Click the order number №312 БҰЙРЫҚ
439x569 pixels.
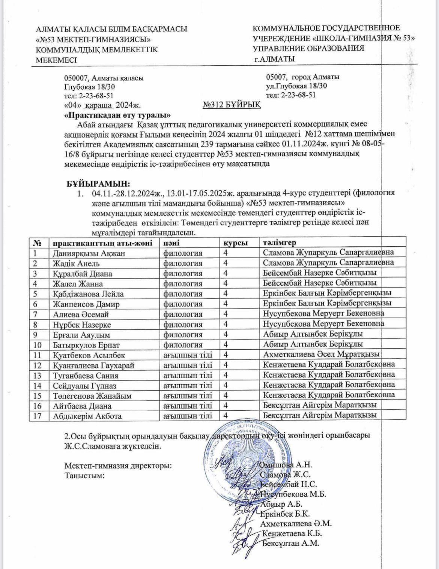pos(232,105)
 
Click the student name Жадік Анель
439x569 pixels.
pos(76,263)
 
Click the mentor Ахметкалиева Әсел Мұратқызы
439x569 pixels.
pos(321,354)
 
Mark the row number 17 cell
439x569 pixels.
pos(39,415)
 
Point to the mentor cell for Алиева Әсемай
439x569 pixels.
pos(323,314)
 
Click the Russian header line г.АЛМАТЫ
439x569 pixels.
pos(274,59)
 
